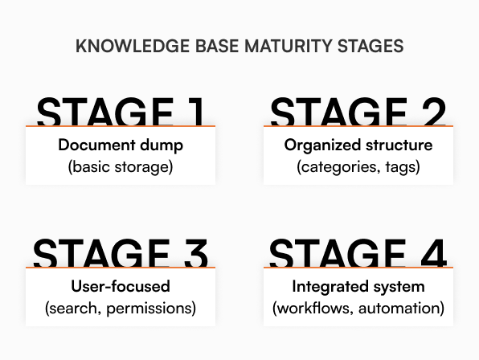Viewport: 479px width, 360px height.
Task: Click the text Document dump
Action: [121, 145]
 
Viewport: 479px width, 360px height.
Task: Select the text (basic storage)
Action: [121, 167]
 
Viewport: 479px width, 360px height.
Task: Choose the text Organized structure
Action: [358, 145]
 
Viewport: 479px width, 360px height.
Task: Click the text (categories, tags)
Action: [358, 167]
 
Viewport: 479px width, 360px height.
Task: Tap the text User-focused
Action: [121, 286]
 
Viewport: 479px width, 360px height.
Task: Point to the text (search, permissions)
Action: [121, 308]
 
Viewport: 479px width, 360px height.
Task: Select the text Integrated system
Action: [358, 286]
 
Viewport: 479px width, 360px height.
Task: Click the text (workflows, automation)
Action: [358, 308]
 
